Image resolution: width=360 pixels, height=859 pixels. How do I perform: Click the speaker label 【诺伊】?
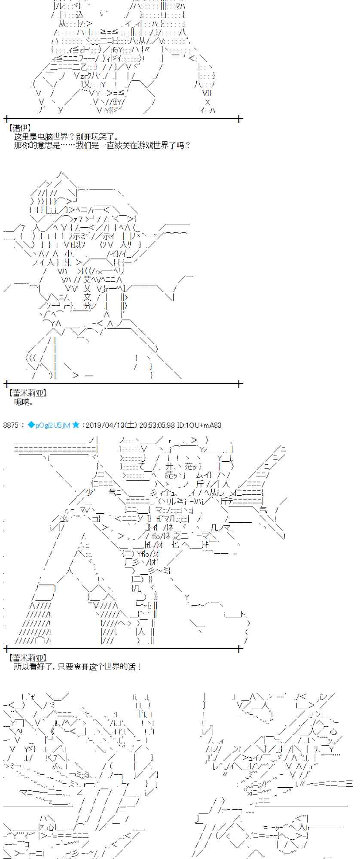click(x=19, y=128)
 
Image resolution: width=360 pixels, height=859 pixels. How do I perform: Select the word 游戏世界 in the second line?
click(x=152, y=145)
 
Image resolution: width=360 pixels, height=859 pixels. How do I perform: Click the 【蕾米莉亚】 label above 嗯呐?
click(x=27, y=393)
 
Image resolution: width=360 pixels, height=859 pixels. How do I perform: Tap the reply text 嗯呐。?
click(x=24, y=402)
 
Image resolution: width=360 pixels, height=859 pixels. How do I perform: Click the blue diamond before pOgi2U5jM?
click(x=31, y=425)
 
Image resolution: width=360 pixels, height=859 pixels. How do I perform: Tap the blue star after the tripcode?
click(x=76, y=425)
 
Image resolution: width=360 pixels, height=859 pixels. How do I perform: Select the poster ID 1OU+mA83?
click(x=199, y=425)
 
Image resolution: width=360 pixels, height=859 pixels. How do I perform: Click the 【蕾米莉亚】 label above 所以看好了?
click(x=27, y=658)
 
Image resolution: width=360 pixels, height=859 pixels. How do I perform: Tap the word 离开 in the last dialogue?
click(x=81, y=667)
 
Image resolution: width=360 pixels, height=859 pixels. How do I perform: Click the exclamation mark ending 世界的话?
click(x=139, y=667)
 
